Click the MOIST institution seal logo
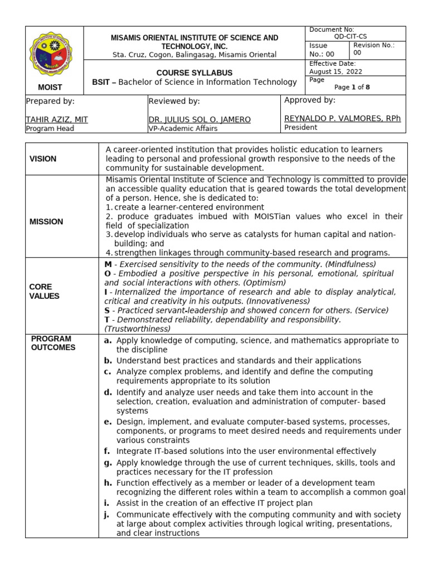(x=51, y=56)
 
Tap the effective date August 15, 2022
(x=332, y=71)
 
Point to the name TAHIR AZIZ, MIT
(x=57, y=119)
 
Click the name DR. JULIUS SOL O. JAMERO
(x=200, y=119)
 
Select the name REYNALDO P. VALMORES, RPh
(x=342, y=118)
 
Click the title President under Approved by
(x=300, y=127)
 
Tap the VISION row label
(x=43, y=159)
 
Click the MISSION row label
(x=46, y=221)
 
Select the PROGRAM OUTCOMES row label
(x=51, y=343)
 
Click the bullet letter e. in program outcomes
(x=108, y=422)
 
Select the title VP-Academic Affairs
(x=183, y=128)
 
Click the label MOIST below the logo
(x=50, y=88)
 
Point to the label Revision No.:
(x=374, y=45)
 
